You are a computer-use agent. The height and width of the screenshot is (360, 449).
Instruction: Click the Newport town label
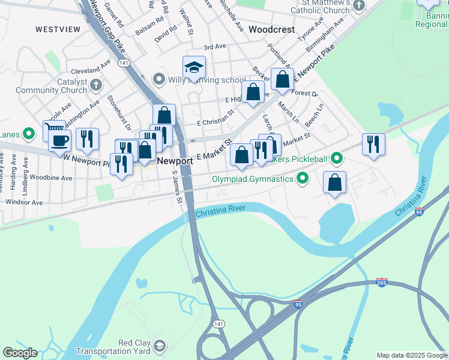point(175,161)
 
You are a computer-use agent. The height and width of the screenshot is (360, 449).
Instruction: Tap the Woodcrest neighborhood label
point(271,29)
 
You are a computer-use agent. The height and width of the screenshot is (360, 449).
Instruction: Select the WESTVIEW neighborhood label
point(58,29)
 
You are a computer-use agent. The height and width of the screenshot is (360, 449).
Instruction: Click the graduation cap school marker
point(194,68)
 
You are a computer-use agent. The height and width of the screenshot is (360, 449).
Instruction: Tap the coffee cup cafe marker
point(59,141)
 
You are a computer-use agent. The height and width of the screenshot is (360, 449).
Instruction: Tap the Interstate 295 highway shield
point(382,282)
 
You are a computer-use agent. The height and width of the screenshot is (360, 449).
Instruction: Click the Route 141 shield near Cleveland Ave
point(124,62)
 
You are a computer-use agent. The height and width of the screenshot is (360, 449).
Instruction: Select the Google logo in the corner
point(20,353)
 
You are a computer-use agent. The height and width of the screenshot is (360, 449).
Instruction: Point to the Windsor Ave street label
point(24,202)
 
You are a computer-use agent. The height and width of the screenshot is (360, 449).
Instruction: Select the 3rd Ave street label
point(214,47)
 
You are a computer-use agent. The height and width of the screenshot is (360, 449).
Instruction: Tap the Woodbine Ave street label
point(51,178)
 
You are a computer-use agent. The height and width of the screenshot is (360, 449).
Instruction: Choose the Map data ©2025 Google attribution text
point(412,355)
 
